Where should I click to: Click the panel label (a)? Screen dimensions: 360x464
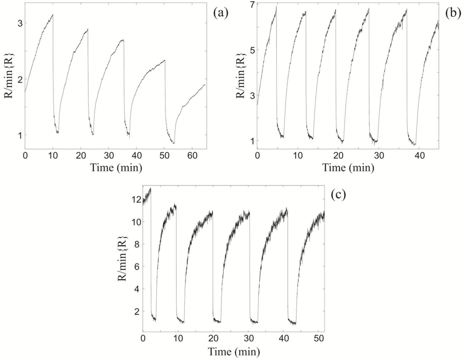click(x=221, y=13)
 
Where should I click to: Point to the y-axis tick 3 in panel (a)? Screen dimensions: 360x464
click(x=19, y=23)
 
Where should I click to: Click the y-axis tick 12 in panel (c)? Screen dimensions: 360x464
click(x=135, y=199)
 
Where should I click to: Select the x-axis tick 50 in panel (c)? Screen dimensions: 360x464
click(x=319, y=338)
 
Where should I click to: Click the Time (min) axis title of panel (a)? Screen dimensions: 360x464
click(x=116, y=168)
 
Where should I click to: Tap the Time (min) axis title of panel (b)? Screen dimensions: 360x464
click(x=348, y=168)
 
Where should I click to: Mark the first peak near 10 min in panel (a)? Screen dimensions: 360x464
click(x=53, y=15)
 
